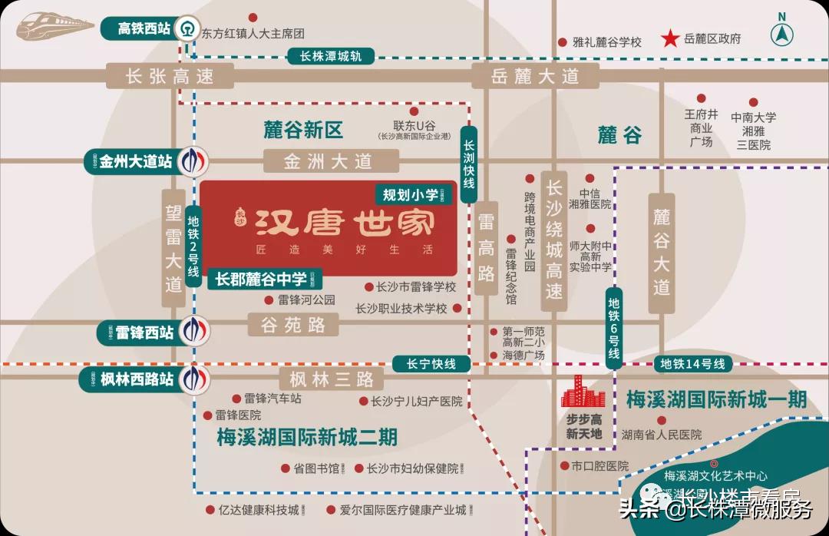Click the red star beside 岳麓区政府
pyautogui.click(x=672, y=39)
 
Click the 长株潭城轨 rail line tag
pyautogui.click(x=331, y=56)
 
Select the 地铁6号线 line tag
pyautogui.click(x=613, y=328)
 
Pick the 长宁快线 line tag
pyautogui.click(x=431, y=364)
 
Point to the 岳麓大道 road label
pyautogui.click(x=535, y=75)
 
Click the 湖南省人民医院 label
pyautogui.click(x=662, y=435)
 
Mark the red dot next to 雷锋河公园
pyautogui.click(x=269, y=300)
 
